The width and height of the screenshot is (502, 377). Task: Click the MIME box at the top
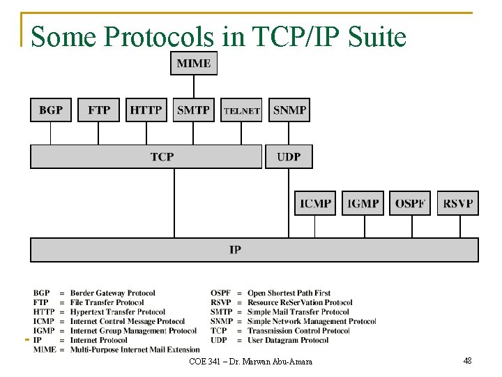194,63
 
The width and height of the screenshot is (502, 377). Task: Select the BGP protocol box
51,110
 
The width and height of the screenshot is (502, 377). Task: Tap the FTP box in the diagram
99,110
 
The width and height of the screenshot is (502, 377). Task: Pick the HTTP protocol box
146,110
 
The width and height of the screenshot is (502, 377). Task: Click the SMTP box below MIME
194,110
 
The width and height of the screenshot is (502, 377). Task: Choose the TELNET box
241,110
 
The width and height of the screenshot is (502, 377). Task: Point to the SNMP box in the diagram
289,110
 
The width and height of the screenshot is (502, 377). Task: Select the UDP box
289,156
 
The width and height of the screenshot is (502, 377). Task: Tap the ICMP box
315,203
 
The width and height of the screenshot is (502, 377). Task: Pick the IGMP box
363,203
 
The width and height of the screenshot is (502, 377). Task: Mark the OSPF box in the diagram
410,203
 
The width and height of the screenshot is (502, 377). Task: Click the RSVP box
458,203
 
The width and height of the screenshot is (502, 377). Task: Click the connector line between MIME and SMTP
194,87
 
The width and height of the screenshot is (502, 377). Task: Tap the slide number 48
467,360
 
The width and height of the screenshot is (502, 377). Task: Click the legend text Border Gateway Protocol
112,293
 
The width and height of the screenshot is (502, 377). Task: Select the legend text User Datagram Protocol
288,340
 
